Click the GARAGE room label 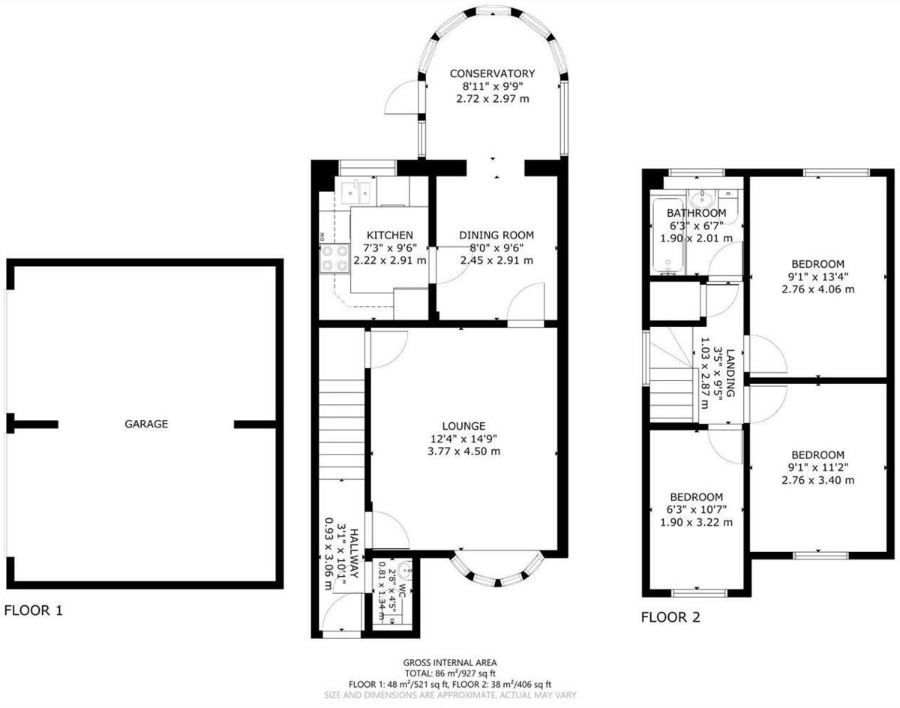[146, 424]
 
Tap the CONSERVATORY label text [492, 73]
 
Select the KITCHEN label [389, 235]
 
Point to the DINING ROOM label [496, 235]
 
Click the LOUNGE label [463, 425]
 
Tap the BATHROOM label [697, 213]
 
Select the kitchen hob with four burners [332, 258]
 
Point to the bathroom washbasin [704, 199]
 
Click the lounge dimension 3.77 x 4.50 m [463, 451]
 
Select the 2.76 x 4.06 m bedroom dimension [817, 289]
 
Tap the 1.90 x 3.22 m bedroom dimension [696, 523]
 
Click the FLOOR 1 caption [34, 610]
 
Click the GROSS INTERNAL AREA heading [449, 662]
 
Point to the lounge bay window [496, 572]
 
